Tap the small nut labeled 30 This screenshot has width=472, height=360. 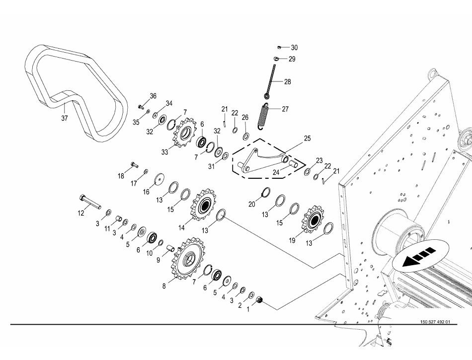click(280, 47)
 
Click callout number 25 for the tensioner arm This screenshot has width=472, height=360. click(307, 138)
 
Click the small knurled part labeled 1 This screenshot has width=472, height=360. click(259, 300)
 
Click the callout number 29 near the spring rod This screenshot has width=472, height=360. click(292, 59)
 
